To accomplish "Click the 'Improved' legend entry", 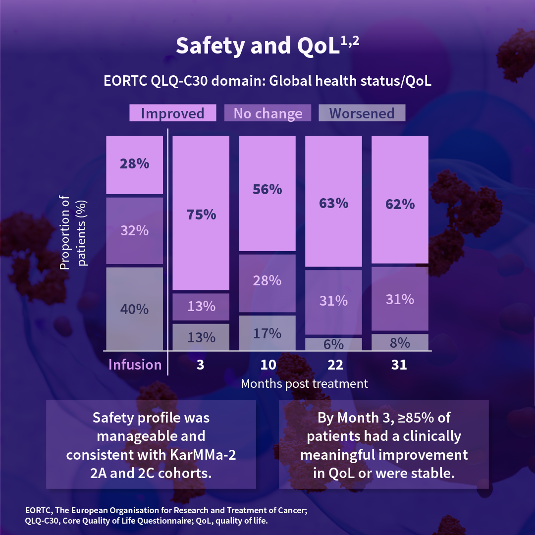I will coord(172,113).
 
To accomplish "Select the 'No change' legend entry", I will coord(267,113).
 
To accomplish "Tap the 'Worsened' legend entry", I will coord(362,113).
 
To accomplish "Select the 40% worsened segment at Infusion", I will coord(135,309).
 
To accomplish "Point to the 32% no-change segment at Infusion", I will coord(135,230).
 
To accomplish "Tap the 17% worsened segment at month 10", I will coord(267,333).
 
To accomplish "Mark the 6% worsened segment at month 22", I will coord(334,344).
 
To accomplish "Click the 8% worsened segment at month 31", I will coord(400,342).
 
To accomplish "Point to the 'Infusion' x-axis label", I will coord(135,365).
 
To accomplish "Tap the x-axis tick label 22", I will coord(335,365).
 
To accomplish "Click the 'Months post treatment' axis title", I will coord(304,383).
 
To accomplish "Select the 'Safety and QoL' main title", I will coord(267,46).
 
